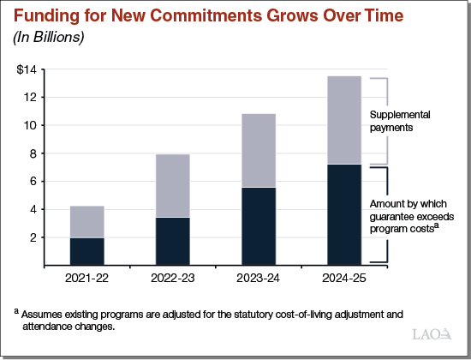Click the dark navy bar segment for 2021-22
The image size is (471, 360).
[x=86, y=250]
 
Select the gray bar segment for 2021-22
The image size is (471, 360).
[x=86, y=222]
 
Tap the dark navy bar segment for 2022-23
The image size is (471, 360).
[x=172, y=241]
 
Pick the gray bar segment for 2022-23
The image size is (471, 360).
[x=172, y=186]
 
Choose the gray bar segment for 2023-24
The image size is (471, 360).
[x=258, y=150]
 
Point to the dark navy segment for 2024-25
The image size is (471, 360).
[x=343, y=213]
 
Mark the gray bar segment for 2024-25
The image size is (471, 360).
[x=343, y=120]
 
